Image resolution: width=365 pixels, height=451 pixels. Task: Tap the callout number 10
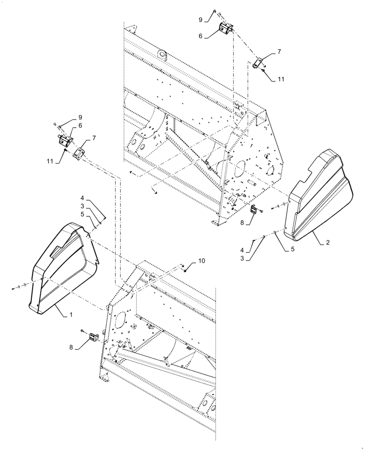[x=201, y=261]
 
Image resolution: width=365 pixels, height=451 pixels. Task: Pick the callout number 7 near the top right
[x=279, y=52]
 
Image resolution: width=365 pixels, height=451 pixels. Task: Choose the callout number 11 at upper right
[x=281, y=79]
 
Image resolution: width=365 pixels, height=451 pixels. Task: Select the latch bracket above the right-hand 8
[x=254, y=210]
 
